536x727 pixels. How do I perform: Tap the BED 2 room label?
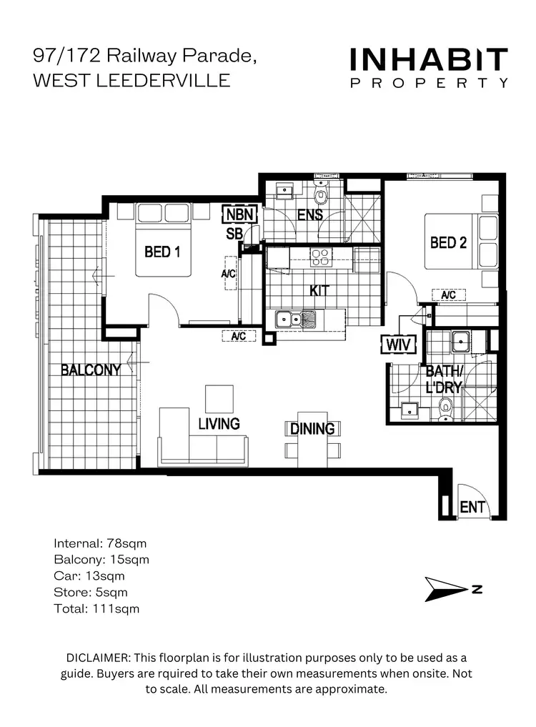coord(448,243)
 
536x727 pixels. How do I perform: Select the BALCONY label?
coord(89,370)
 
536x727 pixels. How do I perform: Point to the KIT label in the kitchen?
coord(319,292)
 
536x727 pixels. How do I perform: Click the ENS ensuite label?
coord(310,214)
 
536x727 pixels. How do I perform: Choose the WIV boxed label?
coord(396,345)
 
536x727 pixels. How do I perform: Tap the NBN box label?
coord(236,214)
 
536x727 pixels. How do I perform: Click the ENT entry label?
coord(472,508)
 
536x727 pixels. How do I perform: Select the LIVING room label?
coord(219,424)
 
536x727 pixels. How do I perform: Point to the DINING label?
coord(312,429)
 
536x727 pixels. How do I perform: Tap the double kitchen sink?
coord(299,318)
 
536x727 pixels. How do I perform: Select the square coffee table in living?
coord(219,398)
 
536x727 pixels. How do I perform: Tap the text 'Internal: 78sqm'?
coord(100,544)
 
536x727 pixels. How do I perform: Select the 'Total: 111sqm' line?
coord(96,609)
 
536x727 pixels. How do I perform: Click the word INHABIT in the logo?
coord(428,60)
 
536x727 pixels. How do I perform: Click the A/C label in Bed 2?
coord(449,295)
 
